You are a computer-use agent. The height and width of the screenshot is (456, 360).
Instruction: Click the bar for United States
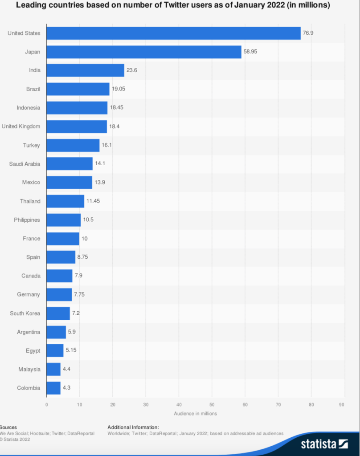pyautogui.click(x=173, y=33)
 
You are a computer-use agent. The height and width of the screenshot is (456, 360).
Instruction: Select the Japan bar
pyautogui.click(x=143, y=52)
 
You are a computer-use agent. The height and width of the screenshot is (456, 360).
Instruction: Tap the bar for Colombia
pyautogui.click(x=53, y=388)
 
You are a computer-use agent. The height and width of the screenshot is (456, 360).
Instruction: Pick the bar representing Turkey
pyautogui.click(x=73, y=146)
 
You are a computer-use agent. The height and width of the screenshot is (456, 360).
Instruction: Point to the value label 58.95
pyautogui.click(x=250, y=52)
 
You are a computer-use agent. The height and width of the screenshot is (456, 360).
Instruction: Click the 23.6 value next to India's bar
pyautogui.click(x=132, y=71)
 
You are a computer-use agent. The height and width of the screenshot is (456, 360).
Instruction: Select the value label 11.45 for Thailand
pyautogui.click(x=93, y=201)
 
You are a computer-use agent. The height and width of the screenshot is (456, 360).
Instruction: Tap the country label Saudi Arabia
pyautogui.click(x=25, y=164)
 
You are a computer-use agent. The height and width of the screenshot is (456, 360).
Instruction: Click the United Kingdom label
pyautogui.click(x=21, y=126)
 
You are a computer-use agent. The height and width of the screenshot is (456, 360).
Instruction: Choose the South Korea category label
pyautogui.click(x=25, y=313)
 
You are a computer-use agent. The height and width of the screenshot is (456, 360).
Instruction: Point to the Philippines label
pyautogui.click(x=27, y=220)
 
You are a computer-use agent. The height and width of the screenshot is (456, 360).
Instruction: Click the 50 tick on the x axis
pyautogui.click(x=212, y=405)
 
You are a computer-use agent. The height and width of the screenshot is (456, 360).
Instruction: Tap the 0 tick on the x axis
pyautogui.click(x=46, y=405)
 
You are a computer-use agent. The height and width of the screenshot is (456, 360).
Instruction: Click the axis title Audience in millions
pyautogui.click(x=195, y=414)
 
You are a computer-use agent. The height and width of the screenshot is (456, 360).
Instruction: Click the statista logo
pyautogui.click(x=324, y=444)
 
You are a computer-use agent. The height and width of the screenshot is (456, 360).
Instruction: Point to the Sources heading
pyautogui.click(x=8, y=427)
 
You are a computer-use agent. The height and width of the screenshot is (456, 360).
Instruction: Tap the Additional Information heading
pyautogui.click(x=133, y=427)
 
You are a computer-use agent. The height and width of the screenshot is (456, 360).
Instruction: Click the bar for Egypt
pyautogui.click(x=55, y=351)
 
